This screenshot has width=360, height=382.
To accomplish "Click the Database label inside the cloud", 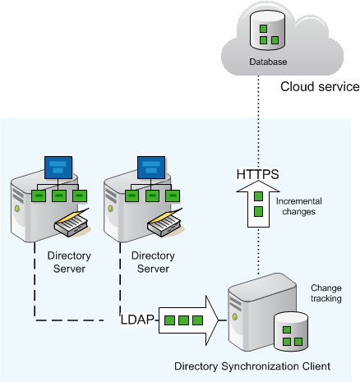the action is (268, 62).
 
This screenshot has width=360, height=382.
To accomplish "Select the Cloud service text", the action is (320, 86).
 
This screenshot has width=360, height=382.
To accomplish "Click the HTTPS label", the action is (258, 174).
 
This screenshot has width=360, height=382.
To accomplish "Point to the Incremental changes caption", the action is (299, 206).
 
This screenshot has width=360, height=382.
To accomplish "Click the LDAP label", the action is (137, 320).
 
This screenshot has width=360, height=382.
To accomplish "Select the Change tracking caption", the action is (326, 293).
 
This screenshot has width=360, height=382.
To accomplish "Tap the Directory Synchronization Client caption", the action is (252, 366).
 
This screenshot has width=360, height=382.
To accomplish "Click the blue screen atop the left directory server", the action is (58, 168).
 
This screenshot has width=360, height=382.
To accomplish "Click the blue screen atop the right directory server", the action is (151, 168).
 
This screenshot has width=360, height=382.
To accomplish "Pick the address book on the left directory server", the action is (72, 223).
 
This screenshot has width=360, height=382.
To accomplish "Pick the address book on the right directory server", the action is (165, 223).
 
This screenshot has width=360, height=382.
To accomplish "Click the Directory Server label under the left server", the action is (69, 262).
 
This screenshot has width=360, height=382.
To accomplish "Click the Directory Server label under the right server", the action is (153, 262).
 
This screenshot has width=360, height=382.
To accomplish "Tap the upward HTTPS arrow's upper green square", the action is (258, 196).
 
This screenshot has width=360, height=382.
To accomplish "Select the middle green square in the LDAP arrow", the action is (183, 320).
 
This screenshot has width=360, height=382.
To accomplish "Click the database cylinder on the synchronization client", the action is (291, 332).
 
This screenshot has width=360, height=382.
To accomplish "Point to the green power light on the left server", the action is (17, 209).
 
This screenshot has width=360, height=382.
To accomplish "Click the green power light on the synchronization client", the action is (235, 316).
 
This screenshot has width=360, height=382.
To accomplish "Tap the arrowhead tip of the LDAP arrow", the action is (219, 320).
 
